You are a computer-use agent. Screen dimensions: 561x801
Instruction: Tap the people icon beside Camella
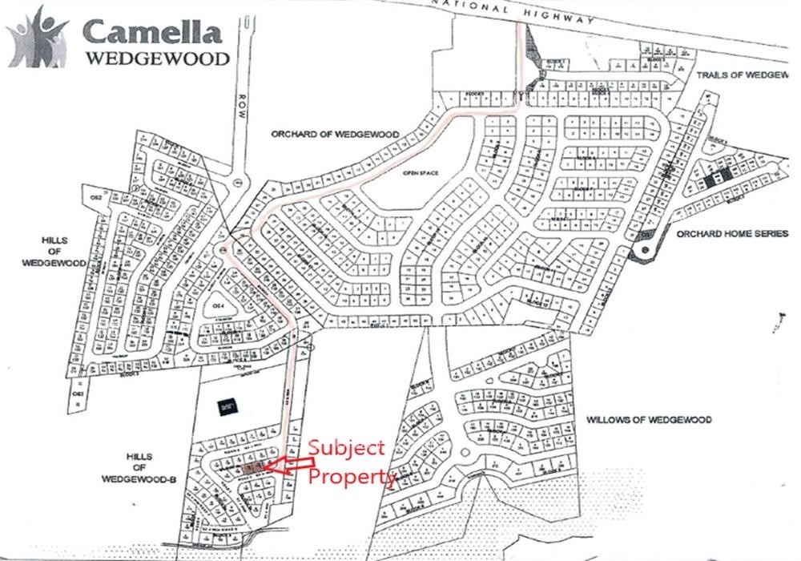[x=38, y=40]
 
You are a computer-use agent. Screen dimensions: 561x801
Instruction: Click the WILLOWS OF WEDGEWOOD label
[x=649, y=419]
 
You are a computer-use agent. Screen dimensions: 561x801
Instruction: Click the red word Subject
[x=347, y=448]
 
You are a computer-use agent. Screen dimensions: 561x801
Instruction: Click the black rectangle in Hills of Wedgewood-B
[x=227, y=406]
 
